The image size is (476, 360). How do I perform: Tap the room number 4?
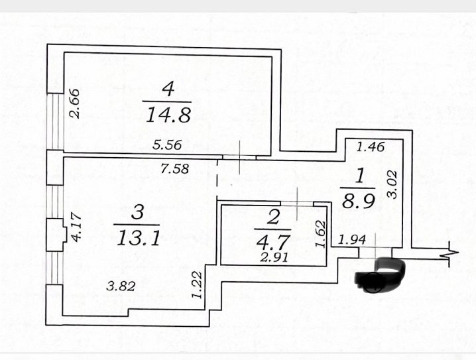click(168, 88)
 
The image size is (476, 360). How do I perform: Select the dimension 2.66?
click(76, 103)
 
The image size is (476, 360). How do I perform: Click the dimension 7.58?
click(175, 168)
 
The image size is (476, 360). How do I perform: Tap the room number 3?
click(137, 212)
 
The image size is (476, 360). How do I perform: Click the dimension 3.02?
click(392, 185)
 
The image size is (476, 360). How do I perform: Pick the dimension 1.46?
click(370, 147)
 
